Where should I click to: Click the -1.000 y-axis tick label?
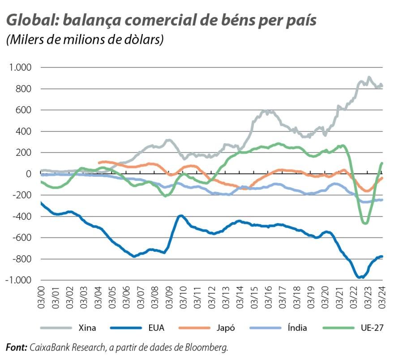(x=18, y=280)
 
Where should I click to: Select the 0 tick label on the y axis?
(x=28, y=174)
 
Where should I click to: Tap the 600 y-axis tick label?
(x=23, y=110)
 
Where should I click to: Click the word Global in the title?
(x=30, y=21)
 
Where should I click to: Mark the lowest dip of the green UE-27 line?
(x=365, y=223)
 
